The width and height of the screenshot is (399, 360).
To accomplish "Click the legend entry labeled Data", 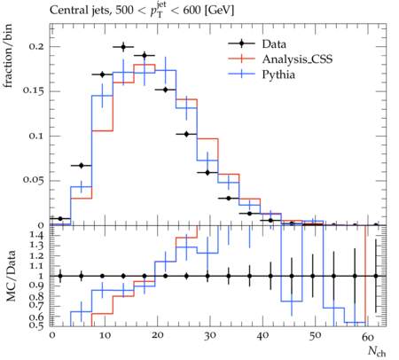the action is click(274, 44).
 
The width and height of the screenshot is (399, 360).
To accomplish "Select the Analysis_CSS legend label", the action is click(297, 59).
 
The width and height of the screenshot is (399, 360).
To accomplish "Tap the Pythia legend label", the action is click(278, 74).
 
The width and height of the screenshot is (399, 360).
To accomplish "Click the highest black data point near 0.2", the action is click(123, 47).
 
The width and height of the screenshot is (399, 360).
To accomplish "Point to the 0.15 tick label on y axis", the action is click(35, 90).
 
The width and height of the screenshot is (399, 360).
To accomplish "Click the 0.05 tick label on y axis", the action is click(35, 180).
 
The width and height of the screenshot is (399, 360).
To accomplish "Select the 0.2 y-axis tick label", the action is click(37, 46).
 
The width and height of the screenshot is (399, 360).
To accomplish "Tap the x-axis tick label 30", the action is click(209, 336).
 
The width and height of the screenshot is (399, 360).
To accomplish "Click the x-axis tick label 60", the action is click(368, 336).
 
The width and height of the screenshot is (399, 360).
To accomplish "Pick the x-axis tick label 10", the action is click(105, 336).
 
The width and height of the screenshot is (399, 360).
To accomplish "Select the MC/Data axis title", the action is click(11, 276).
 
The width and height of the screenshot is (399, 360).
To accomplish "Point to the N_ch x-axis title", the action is click(377, 351).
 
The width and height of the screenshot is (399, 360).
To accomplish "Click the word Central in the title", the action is click(66, 11).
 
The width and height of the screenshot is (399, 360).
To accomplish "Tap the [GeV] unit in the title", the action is click(219, 11).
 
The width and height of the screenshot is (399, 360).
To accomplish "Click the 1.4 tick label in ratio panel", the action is click(37, 236).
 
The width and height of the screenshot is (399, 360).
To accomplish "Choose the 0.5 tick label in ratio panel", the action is click(37, 325).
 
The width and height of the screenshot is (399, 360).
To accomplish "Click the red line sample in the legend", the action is click(241, 59).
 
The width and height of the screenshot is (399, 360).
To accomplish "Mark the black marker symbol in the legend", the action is click(241, 43).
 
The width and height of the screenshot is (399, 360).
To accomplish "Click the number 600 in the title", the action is click(192, 11).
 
